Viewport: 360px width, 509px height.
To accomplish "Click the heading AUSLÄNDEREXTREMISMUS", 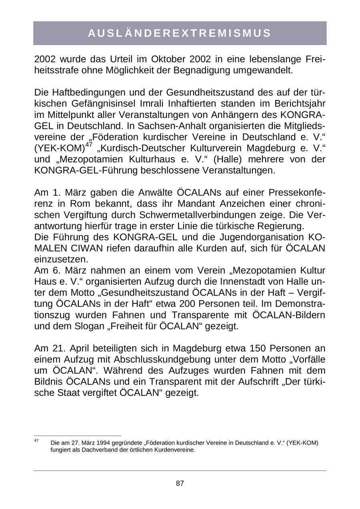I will [180, 33].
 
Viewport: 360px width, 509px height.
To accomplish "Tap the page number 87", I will [180, 483].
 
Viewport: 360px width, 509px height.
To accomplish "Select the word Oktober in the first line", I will [167, 59].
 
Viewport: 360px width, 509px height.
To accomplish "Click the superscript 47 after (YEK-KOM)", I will [89, 145].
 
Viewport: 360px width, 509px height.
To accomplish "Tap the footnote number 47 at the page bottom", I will [36, 440].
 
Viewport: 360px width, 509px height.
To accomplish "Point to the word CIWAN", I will [85, 248].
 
